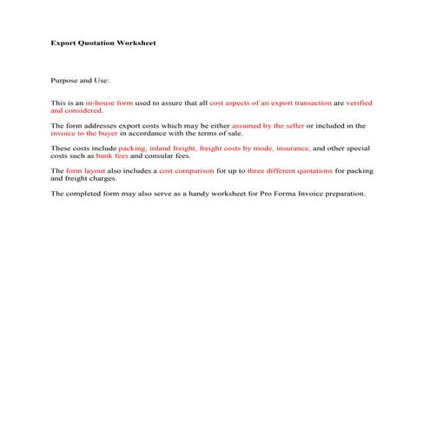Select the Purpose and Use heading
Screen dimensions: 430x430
point(80,80)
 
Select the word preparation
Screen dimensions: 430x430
point(345,194)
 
